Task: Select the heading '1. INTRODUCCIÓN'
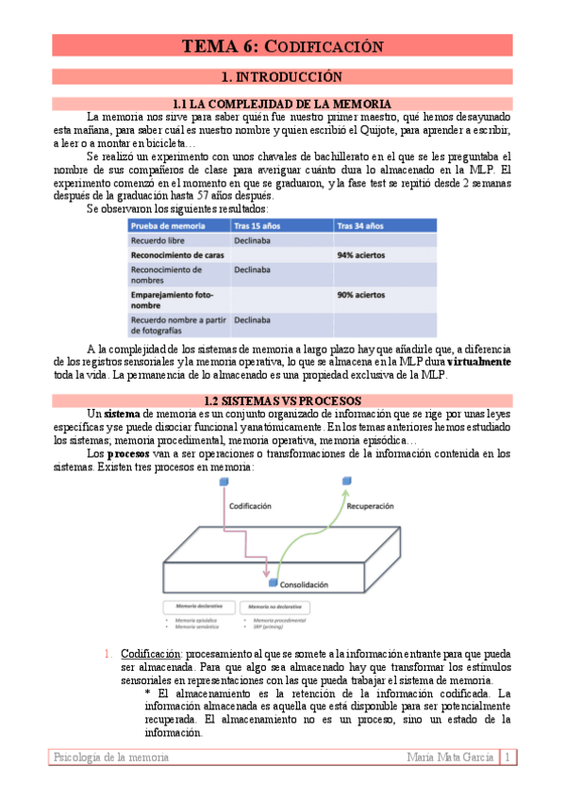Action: tap(281, 76)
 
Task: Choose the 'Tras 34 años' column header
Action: tap(360, 225)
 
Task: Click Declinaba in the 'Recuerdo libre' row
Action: tap(255, 240)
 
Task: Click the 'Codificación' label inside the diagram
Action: tap(257, 505)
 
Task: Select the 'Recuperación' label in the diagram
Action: tap(370, 505)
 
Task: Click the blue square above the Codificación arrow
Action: tap(224, 482)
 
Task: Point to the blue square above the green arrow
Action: tap(346, 482)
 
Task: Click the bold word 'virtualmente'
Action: tap(479, 361)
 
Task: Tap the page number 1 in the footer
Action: tap(508, 757)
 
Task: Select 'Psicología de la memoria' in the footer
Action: tap(112, 757)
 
